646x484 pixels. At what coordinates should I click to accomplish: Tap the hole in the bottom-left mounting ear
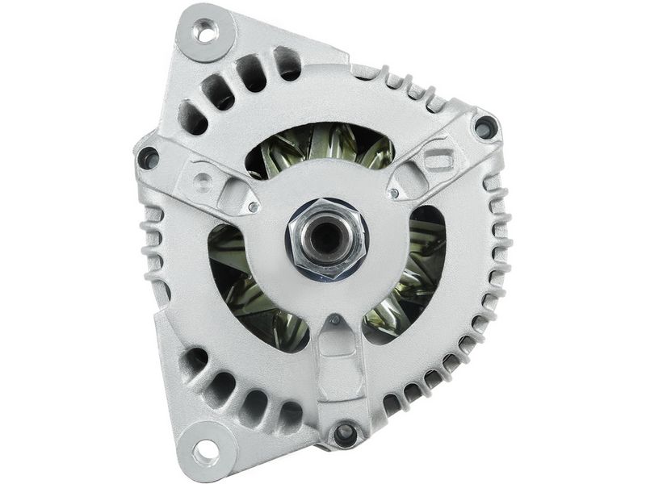pyautogui.click(x=205, y=451)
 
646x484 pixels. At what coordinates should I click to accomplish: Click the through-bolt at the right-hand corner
pyautogui.click(x=484, y=127)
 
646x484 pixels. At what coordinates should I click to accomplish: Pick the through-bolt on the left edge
pyautogui.click(x=149, y=157)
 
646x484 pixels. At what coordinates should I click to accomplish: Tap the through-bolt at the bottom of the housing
pyautogui.click(x=346, y=433)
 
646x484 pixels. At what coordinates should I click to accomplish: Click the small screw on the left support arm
pyautogui.click(x=253, y=207)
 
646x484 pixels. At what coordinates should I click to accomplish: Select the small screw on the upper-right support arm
pyautogui.click(x=392, y=194)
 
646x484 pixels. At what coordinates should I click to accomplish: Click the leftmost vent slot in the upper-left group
pyautogui.click(x=193, y=117)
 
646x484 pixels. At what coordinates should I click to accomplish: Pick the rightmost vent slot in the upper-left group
pyautogui.click(x=287, y=63)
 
